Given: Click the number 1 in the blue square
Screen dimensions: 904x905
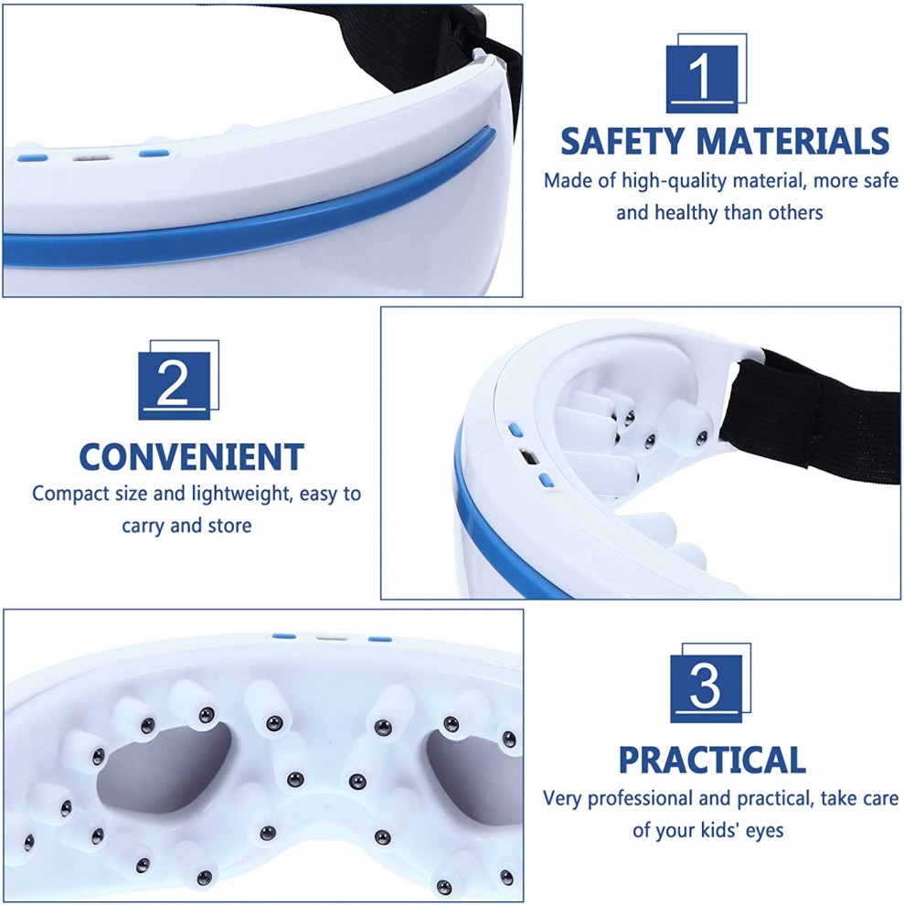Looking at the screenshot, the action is pyautogui.click(x=701, y=76).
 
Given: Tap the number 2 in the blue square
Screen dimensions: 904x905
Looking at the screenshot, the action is pyautogui.click(x=172, y=383).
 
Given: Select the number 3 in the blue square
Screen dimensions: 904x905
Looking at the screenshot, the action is pyautogui.click(x=705, y=687).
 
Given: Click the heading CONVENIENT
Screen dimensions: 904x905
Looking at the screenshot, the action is pyautogui.click(x=191, y=457).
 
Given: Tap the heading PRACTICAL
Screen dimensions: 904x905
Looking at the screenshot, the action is pyautogui.click(x=712, y=760).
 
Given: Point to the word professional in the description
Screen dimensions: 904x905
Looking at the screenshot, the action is pyautogui.click(x=640, y=799).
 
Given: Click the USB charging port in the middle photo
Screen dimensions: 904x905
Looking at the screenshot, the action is pyautogui.click(x=528, y=458).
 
